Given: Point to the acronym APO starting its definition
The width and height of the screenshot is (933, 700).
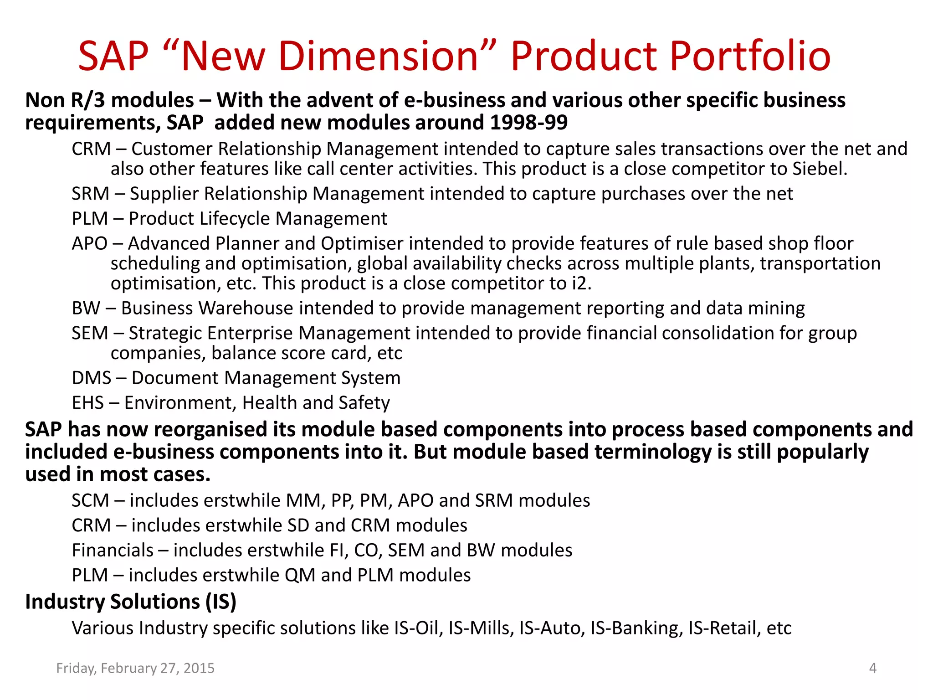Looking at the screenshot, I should [90, 243].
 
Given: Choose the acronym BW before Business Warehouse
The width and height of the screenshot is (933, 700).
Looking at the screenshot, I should [86, 309].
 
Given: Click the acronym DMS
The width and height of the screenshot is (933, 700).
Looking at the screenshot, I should [92, 378].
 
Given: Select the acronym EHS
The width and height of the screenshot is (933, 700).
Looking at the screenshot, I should [88, 403].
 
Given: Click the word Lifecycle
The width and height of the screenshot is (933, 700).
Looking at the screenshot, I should [239, 219].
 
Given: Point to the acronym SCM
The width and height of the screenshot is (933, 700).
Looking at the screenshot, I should [90, 500].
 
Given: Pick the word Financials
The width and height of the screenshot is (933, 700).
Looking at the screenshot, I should [113, 550].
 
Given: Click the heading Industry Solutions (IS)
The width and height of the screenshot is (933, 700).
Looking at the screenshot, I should [131, 602].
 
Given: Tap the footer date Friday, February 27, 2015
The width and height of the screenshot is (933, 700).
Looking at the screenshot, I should [135, 668].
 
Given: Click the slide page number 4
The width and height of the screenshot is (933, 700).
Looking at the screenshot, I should [872, 668].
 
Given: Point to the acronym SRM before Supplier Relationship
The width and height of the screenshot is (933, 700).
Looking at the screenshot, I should [90, 194].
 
